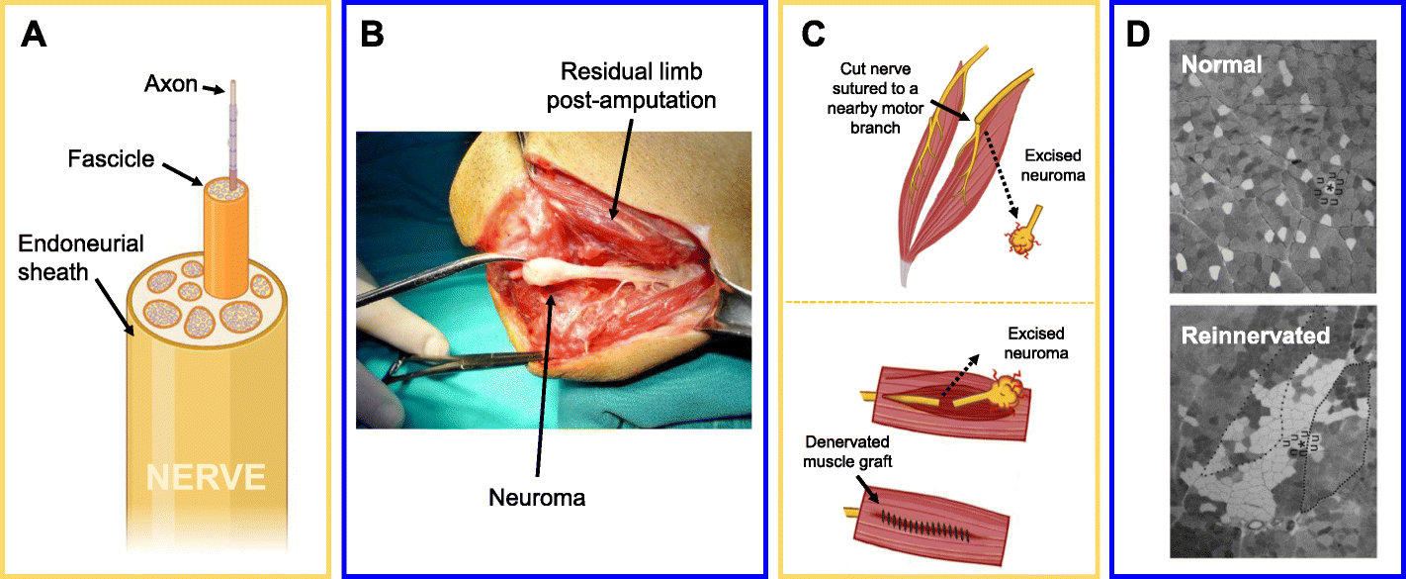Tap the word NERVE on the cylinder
pos(205,478)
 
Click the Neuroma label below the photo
pos(537,498)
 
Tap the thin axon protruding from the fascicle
pos(234,129)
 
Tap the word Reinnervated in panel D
pos(1256,336)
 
